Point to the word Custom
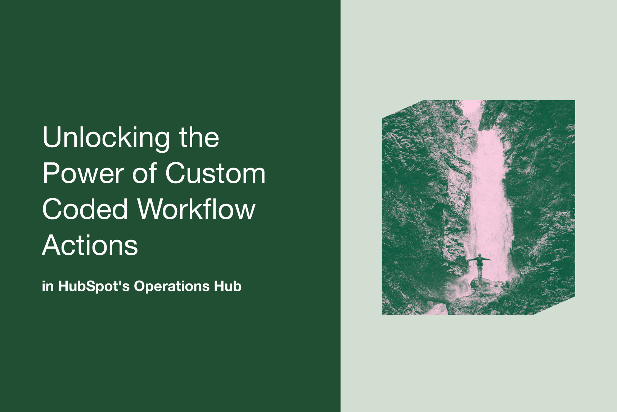click(215, 174)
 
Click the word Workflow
click(197, 209)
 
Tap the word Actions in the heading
click(90, 245)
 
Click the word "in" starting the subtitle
click(48, 286)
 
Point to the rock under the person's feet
click(481, 283)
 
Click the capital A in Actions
click(51, 245)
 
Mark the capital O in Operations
click(139, 286)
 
